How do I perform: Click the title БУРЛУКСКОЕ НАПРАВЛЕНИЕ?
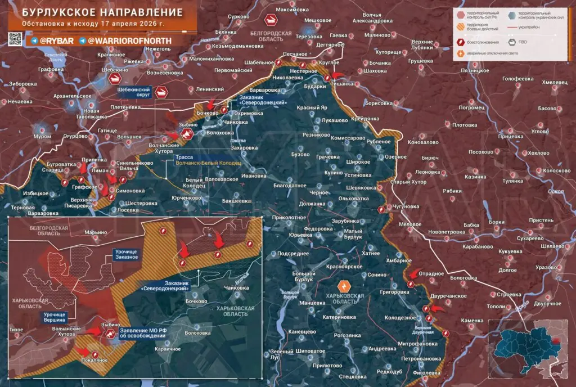click(x=98, y=12)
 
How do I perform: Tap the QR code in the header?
click(x=15, y=39)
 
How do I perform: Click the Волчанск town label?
click(x=129, y=137)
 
